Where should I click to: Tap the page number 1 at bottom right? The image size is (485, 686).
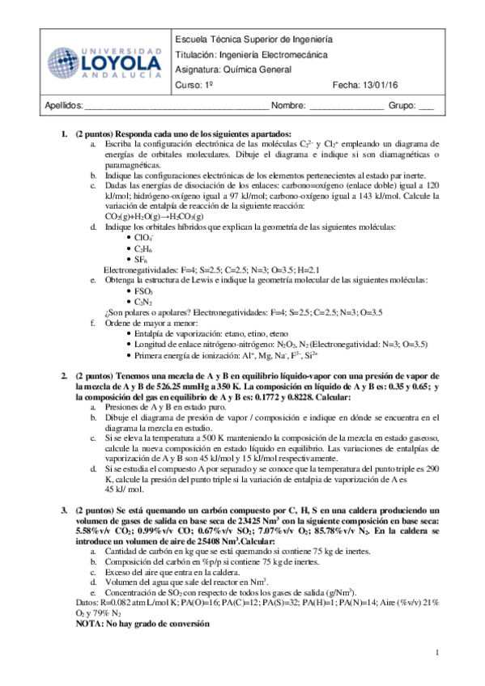(x=438, y=652)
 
